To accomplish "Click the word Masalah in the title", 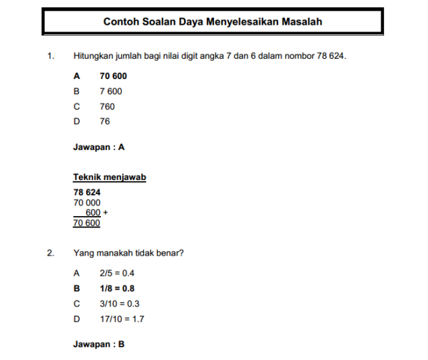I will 299,22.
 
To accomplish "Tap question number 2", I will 50,253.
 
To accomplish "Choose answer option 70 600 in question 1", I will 113,76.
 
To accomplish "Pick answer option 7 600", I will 111,91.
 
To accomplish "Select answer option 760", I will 107,106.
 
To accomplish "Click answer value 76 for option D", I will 105,121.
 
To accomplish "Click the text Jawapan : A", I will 99,147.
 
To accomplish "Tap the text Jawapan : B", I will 99,345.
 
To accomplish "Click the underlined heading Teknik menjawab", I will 110,177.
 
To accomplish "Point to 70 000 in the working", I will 87,202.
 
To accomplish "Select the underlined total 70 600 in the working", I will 87,223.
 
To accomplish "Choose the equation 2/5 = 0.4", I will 117,273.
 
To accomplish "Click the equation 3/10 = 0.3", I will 119,303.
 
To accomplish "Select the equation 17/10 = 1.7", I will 122,319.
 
